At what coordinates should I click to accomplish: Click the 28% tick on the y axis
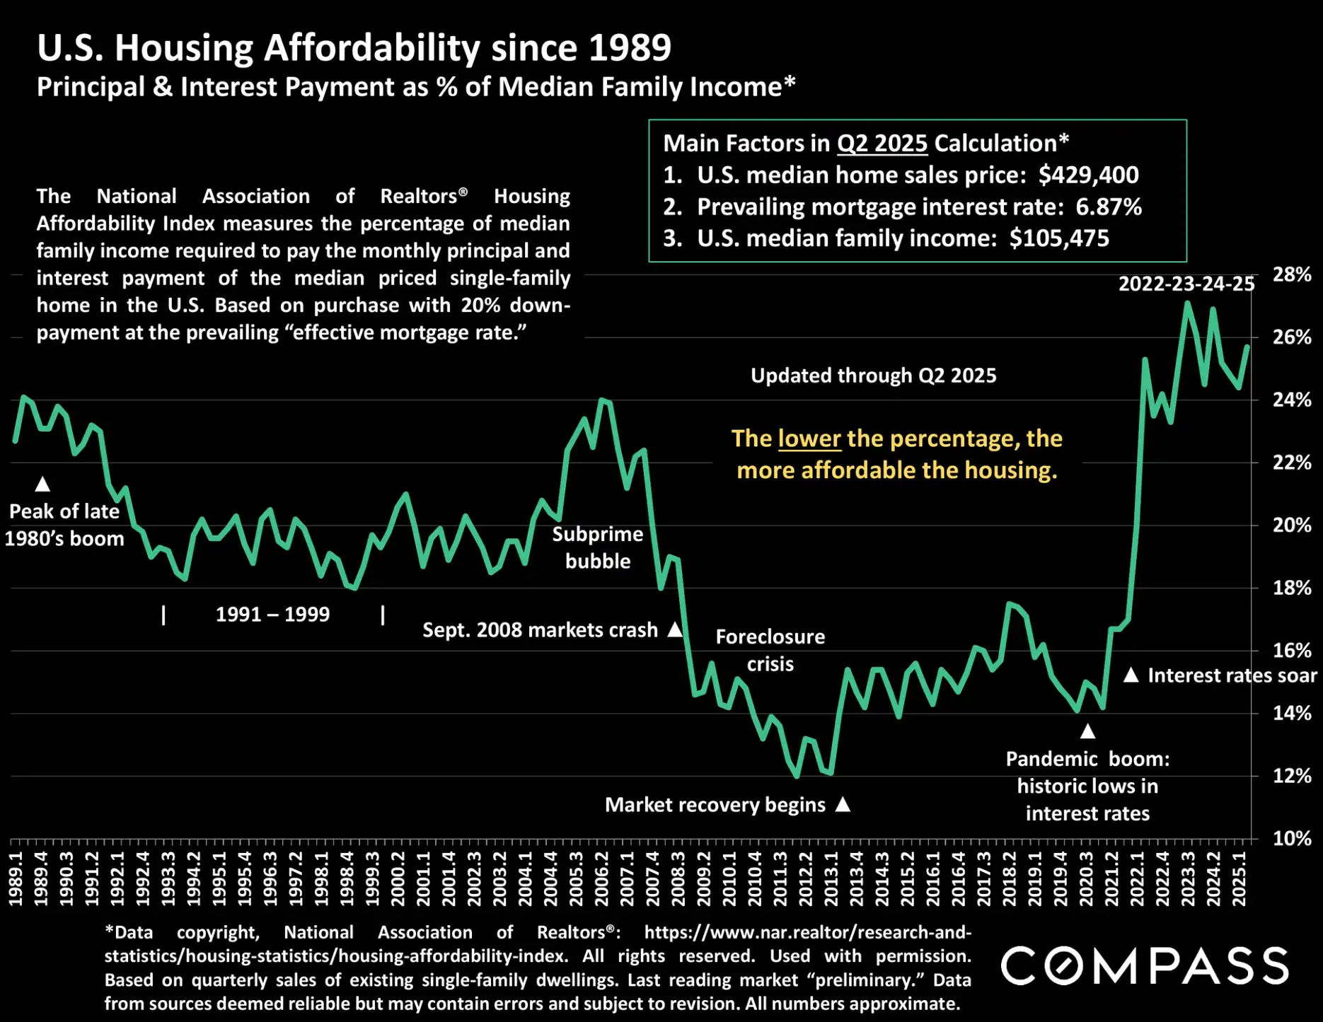[x=1291, y=274]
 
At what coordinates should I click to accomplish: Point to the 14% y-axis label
[x=1291, y=713]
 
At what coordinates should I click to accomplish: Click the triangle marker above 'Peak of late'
[x=42, y=484]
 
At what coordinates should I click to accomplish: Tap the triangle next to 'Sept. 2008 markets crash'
[x=676, y=629]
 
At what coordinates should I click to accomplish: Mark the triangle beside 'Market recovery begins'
[x=843, y=804]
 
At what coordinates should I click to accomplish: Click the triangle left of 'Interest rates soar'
[x=1131, y=675]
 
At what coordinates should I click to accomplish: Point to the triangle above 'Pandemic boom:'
[x=1087, y=731]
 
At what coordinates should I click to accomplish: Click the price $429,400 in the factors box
[x=1088, y=175]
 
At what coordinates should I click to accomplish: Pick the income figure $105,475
[x=1059, y=238]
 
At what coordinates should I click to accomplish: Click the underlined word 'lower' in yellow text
[x=809, y=439]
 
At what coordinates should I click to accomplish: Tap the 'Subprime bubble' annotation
[x=598, y=547]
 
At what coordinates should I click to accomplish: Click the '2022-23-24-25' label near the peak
[x=1186, y=284]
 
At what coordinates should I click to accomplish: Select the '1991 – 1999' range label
[x=272, y=614]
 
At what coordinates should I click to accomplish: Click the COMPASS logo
[x=1144, y=966]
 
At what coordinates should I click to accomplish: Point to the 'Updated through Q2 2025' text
[x=873, y=376]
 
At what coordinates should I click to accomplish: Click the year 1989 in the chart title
[x=630, y=48]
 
